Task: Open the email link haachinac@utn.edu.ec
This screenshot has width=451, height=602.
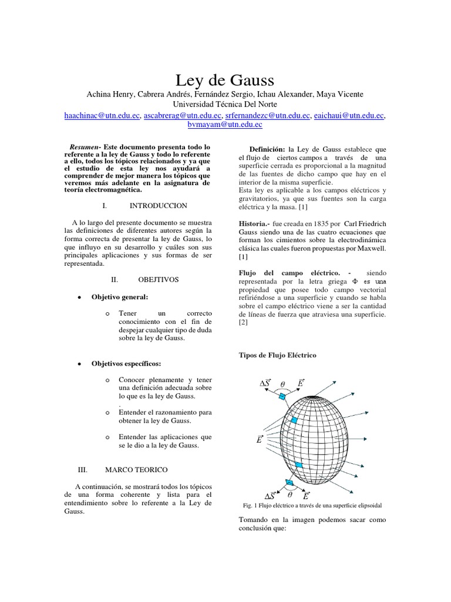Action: (102, 116)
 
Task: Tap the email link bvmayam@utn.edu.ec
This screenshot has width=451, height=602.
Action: (224, 125)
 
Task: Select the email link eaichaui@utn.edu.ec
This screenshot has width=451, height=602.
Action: (349, 116)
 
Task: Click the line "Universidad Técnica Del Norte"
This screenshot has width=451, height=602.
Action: (225, 105)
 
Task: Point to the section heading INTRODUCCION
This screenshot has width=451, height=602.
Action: (158, 206)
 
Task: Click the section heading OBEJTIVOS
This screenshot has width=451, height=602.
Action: (158, 280)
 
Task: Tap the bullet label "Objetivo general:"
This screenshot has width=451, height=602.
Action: (119, 297)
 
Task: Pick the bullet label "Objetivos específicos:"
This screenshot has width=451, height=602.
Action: (125, 364)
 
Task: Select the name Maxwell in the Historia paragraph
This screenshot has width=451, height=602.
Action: (369, 249)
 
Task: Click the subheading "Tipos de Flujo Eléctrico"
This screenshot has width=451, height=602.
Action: (277, 355)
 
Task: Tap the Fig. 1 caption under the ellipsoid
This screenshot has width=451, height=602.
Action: (313, 505)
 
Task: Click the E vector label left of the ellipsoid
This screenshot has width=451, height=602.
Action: (259, 439)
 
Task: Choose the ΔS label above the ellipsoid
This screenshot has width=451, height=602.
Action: (265, 383)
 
